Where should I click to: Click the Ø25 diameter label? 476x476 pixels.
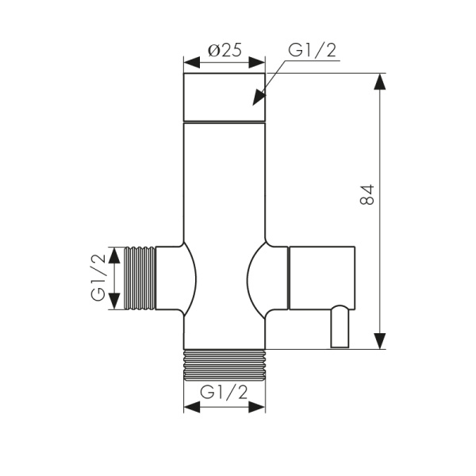pos(225,50)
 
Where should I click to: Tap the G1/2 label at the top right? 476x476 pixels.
pos(312,50)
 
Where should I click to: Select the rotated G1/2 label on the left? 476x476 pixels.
pos(98,278)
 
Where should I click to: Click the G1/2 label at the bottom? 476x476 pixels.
pos(225,392)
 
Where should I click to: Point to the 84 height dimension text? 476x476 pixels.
pos(367,195)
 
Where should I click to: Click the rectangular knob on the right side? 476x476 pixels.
pos(321,278)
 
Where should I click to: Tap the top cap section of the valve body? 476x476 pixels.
pos(225,97)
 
